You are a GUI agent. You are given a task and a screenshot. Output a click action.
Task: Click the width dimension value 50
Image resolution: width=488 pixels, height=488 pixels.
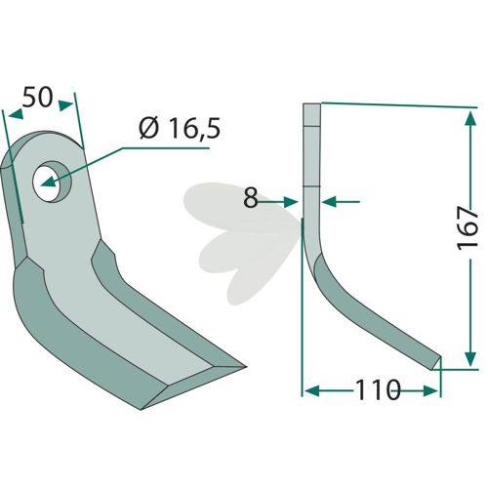tap(37, 97)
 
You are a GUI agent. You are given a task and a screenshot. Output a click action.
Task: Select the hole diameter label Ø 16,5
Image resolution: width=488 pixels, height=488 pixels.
tap(180, 128)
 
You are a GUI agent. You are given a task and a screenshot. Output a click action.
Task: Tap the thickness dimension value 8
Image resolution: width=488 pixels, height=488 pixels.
tap(251, 198)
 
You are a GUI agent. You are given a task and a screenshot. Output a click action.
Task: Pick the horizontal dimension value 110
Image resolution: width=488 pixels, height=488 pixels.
tap(378, 389)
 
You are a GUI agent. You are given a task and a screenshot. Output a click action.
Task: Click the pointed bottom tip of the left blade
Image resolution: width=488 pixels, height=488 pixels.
tap(142, 410)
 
